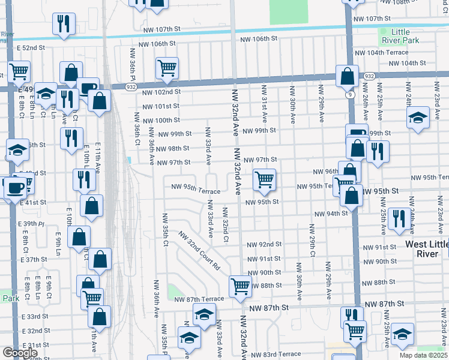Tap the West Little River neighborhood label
[426, 249]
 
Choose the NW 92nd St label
[265, 244]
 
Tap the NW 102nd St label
[161, 92]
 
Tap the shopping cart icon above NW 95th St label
[264, 179]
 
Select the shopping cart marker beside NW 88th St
[240, 286]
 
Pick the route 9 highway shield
[349, 94]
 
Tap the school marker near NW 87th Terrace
[204, 314]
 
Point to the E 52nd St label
[31, 47]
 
